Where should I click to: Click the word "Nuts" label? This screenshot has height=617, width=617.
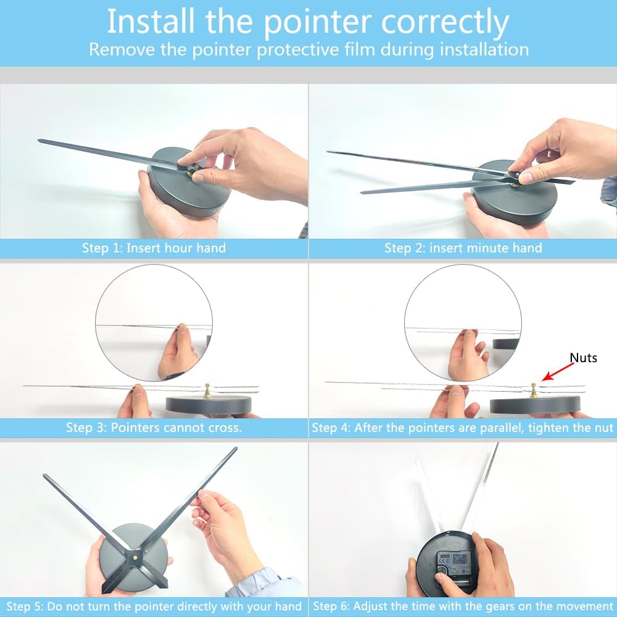point(583,358)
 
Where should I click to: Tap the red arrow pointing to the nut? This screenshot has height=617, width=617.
point(558,372)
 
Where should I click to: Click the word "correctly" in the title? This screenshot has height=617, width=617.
point(445,22)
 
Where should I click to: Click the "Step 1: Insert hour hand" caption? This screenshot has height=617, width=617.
point(154,248)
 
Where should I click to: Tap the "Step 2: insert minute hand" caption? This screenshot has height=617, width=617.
point(463,248)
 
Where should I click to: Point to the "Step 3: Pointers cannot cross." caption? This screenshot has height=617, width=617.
point(154,428)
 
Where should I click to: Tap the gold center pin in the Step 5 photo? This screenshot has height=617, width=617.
point(135,558)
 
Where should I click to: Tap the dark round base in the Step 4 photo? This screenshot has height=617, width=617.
point(535,405)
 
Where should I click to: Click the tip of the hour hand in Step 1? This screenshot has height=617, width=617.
point(38,140)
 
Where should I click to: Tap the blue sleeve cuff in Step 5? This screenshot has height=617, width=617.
point(268,582)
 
